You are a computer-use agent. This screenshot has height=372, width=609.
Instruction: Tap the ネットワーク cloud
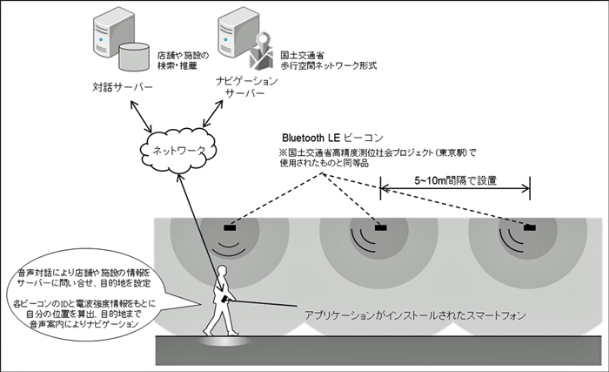coord(175,151)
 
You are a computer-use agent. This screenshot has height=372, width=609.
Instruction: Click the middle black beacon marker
coord(381,228)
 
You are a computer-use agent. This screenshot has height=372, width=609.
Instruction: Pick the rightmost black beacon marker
coord(529,228)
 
